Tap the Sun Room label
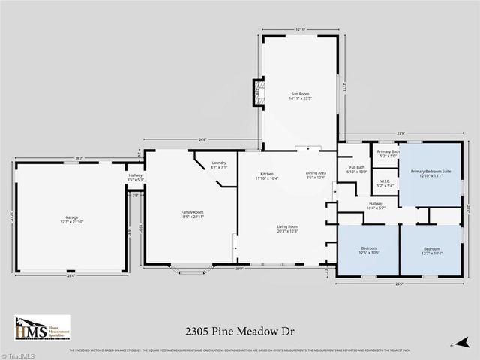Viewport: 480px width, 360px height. (x=300, y=95)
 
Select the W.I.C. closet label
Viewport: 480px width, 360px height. (x=384, y=183)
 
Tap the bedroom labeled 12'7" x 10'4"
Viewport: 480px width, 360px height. (x=431, y=250)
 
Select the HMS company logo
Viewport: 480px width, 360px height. (x=42, y=328)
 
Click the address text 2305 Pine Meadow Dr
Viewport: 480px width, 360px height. (x=239, y=328)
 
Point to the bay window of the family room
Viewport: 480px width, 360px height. (x=192, y=269)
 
